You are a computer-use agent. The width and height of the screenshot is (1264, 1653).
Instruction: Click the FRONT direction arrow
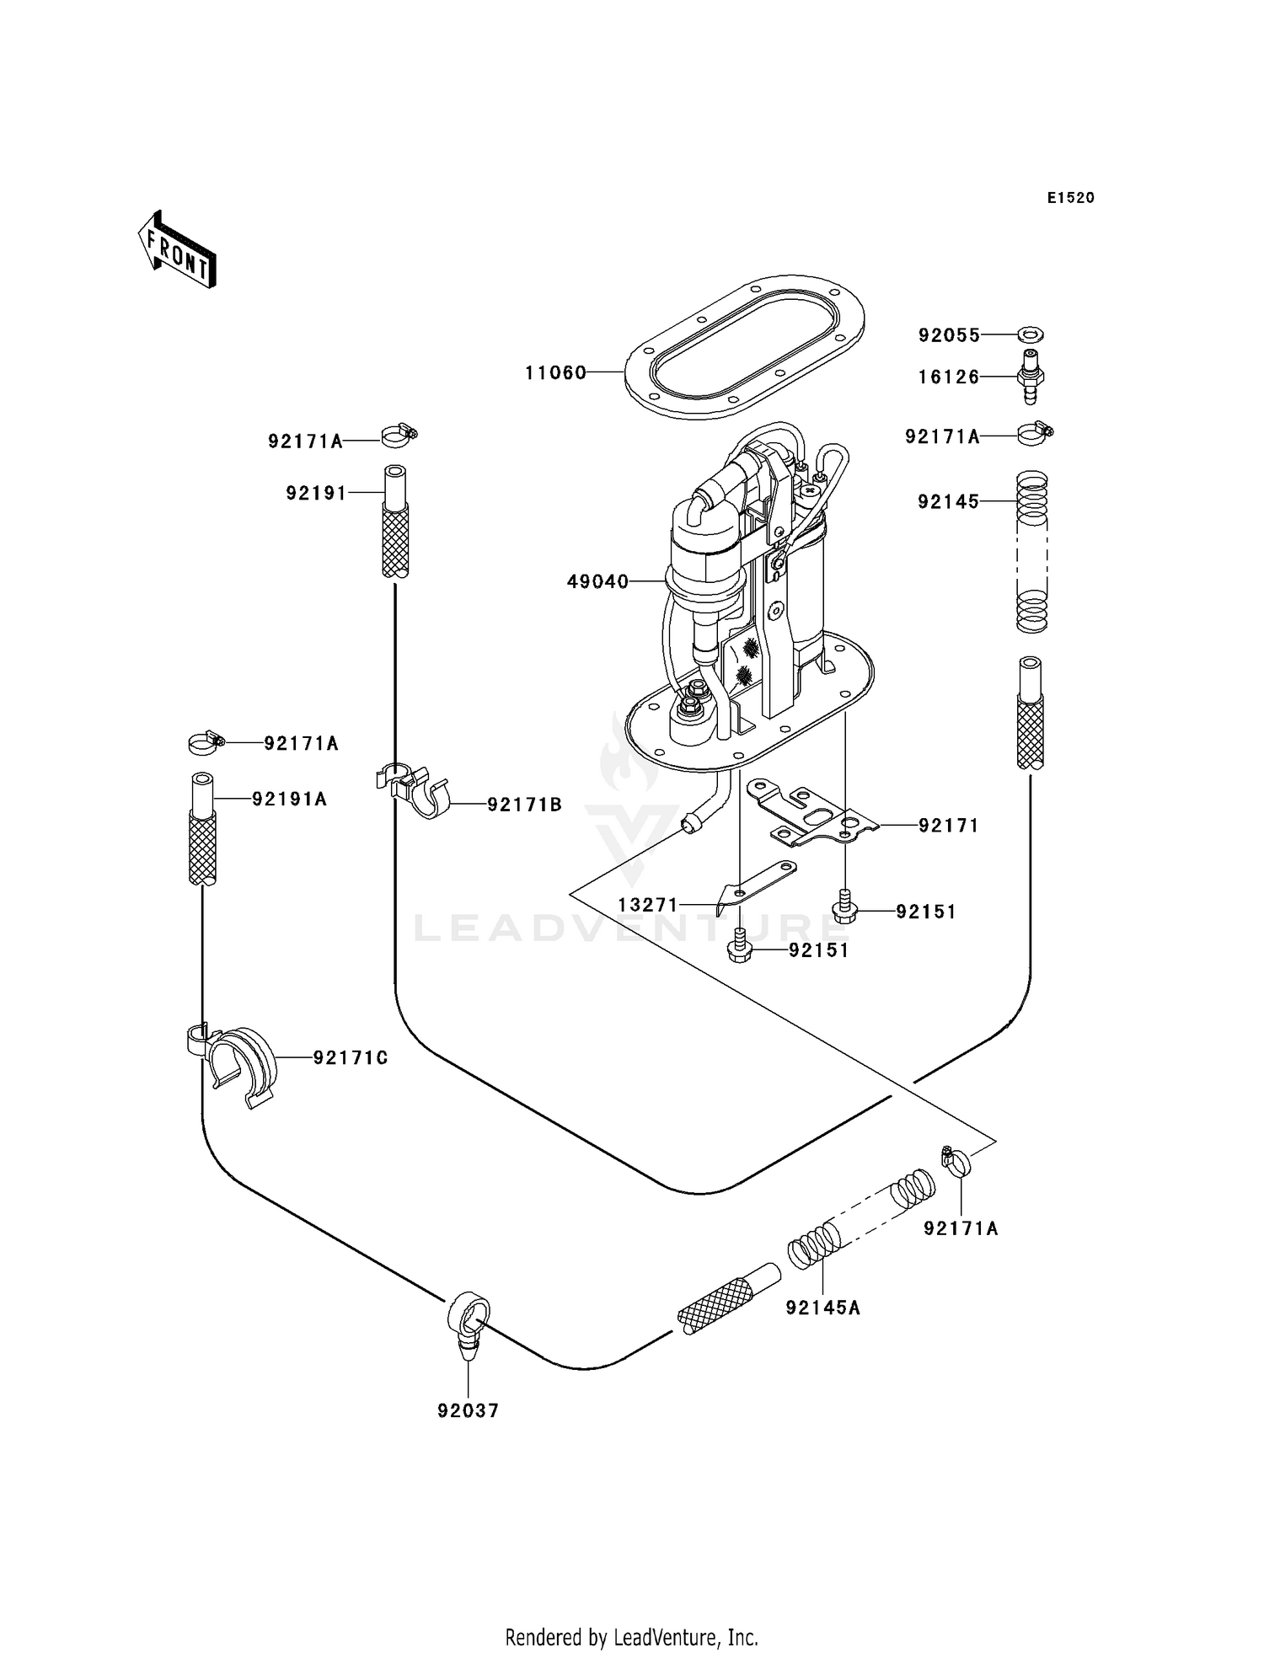tap(178, 250)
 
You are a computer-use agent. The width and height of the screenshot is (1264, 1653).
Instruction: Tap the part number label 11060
tap(555, 372)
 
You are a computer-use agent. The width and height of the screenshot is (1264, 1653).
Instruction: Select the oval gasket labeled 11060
tap(745, 346)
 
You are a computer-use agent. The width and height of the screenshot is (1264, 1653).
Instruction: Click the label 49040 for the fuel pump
tap(597, 581)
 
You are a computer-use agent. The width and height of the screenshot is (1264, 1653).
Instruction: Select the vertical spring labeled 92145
tap(1031, 552)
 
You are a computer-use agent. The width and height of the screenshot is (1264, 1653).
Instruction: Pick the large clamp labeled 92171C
tap(238, 1064)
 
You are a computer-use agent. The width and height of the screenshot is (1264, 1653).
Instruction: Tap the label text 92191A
tap(289, 799)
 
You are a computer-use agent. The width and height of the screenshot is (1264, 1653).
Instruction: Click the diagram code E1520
tap(1070, 198)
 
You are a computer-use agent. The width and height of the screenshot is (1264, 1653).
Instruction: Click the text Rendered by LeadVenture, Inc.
tap(631, 1637)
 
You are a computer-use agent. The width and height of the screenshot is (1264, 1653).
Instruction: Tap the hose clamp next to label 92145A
tap(956, 1161)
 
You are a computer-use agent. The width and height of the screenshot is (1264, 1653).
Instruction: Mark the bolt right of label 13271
tap(844, 910)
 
